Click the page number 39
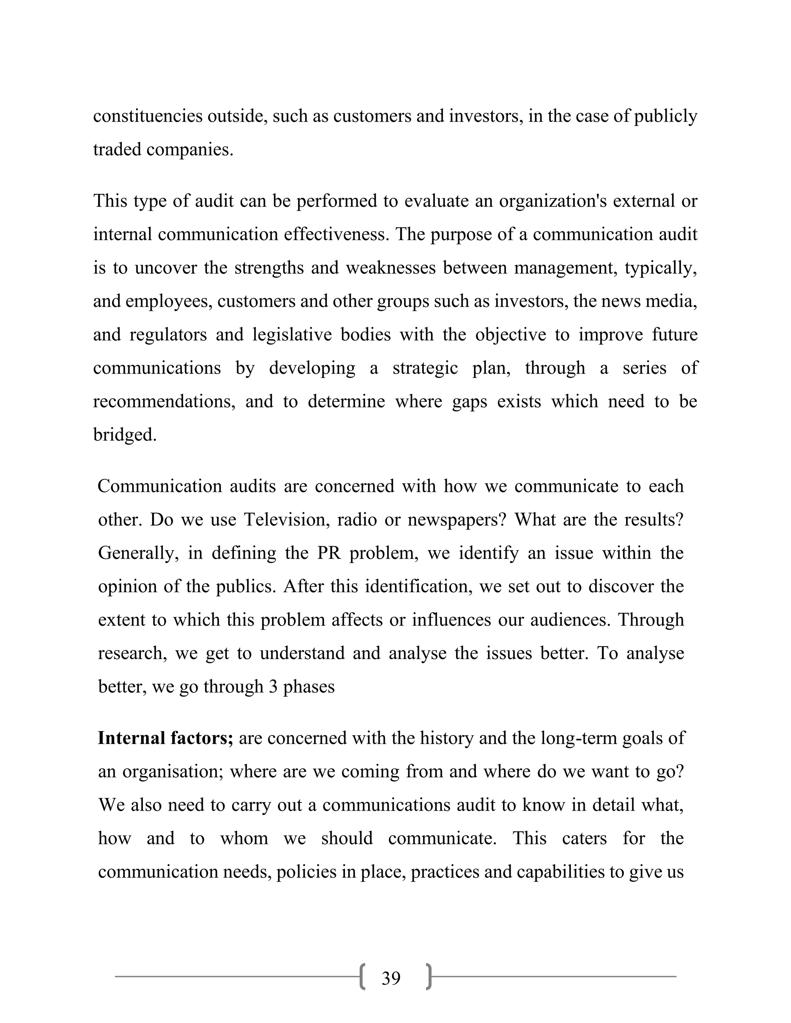point(391,978)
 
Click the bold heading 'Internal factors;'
point(165,738)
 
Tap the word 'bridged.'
point(125,435)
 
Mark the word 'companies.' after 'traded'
point(189,149)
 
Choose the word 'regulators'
point(168,334)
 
